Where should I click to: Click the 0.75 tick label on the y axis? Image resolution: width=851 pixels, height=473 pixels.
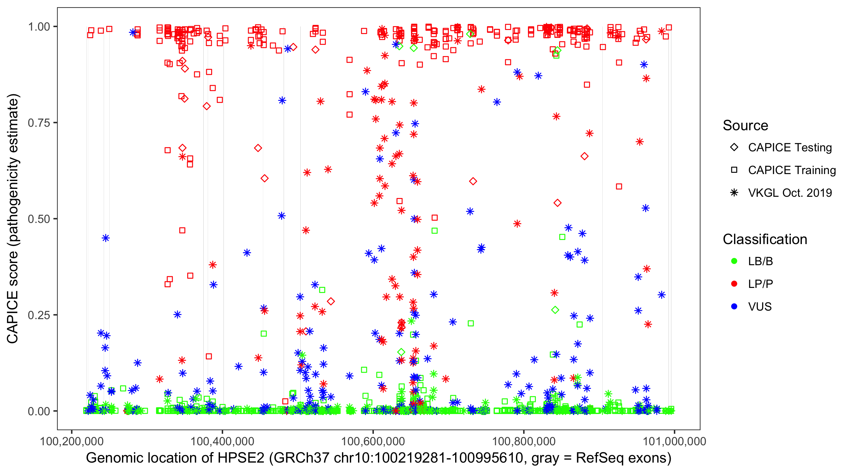pos(38,123)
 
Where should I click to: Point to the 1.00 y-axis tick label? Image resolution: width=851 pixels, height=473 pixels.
pos(38,27)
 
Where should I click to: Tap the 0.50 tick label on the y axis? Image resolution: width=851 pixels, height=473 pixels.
pos(38,219)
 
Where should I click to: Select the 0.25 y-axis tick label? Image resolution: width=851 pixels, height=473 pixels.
pos(38,315)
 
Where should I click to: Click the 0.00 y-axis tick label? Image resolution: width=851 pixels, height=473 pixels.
pos(38,411)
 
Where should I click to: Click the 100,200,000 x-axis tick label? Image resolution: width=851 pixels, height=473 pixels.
pos(72,441)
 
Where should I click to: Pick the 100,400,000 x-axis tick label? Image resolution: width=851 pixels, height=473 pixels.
pos(222,441)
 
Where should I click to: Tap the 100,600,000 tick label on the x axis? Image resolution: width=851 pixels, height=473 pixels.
pos(373,441)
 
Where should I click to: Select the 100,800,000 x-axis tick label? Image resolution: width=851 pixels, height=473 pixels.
pos(524,441)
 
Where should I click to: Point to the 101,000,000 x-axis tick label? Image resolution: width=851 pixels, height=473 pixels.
pos(674,441)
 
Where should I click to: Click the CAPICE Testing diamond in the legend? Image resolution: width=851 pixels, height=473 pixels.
pos(734,148)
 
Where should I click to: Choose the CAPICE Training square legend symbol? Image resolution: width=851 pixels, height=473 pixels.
pos(734,170)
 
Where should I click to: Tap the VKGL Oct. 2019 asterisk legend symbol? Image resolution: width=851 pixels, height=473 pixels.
pos(734,193)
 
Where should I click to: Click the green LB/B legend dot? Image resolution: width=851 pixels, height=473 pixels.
pos(734,261)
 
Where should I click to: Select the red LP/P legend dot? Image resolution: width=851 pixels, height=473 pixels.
pos(734,284)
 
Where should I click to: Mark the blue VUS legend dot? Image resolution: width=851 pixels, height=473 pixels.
pos(734,307)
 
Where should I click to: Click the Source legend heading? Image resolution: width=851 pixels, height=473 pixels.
pos(745,126)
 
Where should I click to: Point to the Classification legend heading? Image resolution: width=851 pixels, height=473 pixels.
pos(765,239)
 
